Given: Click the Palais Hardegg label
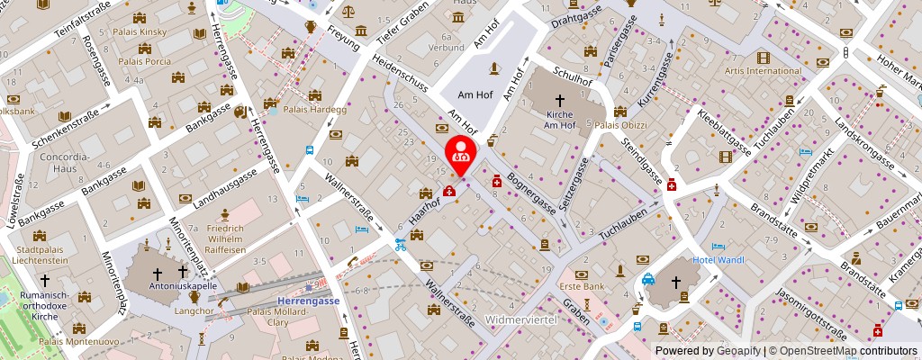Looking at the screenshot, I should pos(309,110).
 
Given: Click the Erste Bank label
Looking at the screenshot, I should pos(582,287).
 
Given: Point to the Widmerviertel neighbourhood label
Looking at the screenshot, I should pos(522,320).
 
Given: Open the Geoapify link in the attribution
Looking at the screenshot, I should pos(737,351).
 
